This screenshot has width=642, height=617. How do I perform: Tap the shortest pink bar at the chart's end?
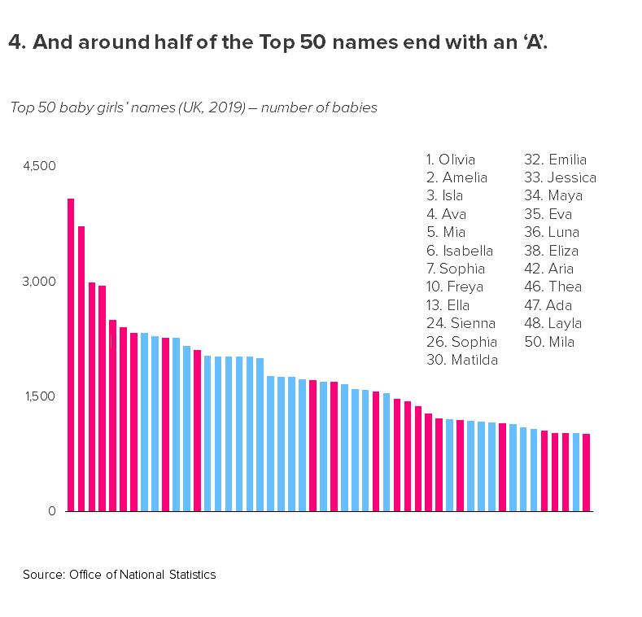click(x=586, y=472)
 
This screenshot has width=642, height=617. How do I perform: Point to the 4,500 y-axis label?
click(x=39, y=166)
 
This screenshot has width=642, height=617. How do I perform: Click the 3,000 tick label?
click(x=39, y=282)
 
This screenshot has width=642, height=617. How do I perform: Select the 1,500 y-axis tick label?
click(x=39, y=396)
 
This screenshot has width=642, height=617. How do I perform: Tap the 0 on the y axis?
click(x=50, y=511)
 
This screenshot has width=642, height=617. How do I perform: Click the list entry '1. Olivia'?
click(x=451, y=160)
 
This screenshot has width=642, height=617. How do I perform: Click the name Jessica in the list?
click(x=571, y=177)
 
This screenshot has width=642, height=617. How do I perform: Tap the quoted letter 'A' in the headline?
click(x=535, y=42)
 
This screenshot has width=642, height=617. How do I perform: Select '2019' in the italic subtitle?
click(x=219, y=107)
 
